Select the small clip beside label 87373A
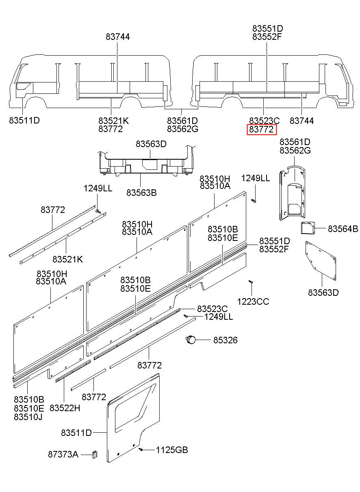click(94, 454)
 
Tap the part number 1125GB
click(172, 450)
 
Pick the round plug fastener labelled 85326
click(190, 339)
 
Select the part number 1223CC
click(253, 301)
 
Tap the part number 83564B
click(343, 229)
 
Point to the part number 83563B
click(141, 193)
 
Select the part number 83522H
click(65, 407)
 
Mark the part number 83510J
click(29, 417)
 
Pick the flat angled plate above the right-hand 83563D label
click(321, 260)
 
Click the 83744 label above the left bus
click(118, 37)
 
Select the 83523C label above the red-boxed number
click(265, 121)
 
